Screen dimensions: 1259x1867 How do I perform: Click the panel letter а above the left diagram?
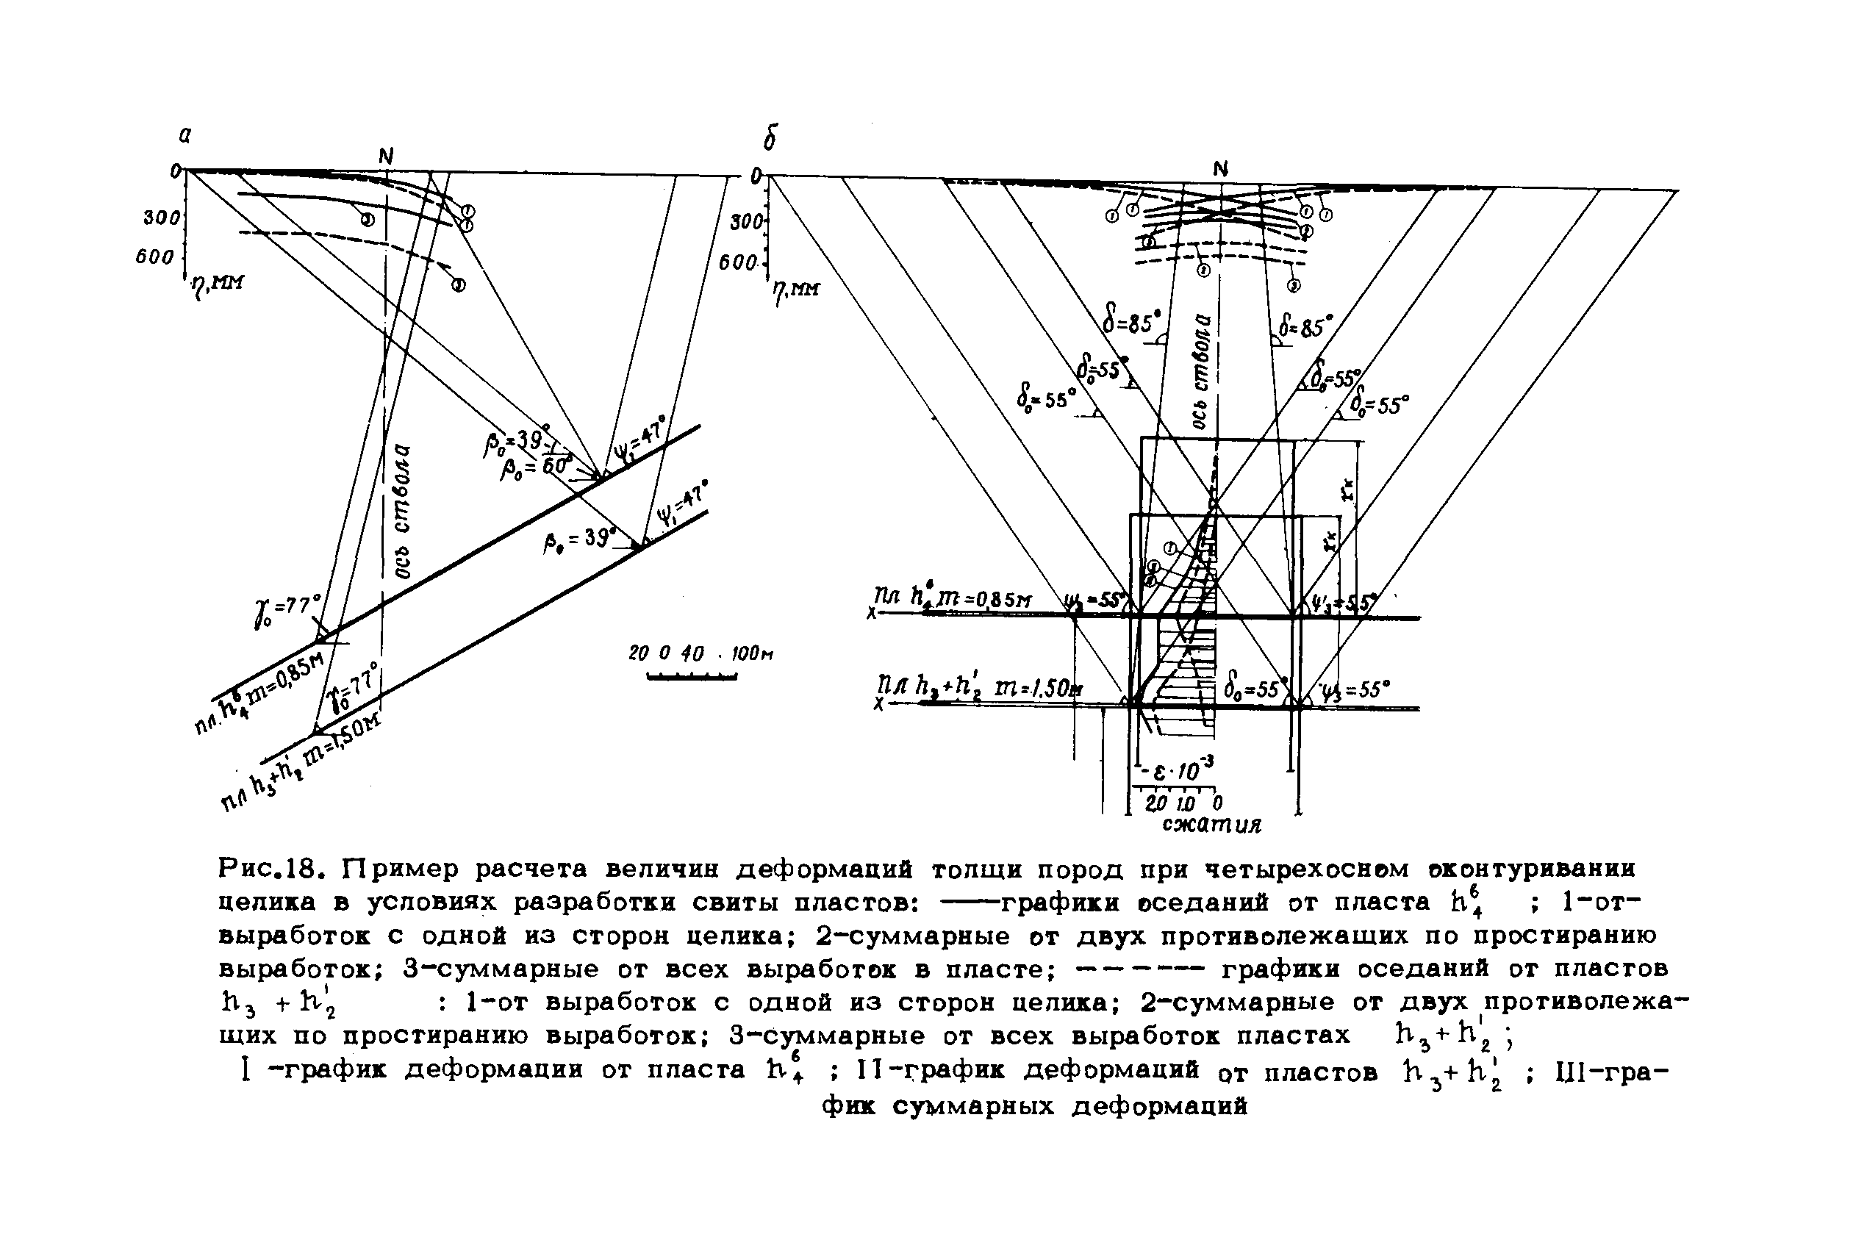tap(185, 136)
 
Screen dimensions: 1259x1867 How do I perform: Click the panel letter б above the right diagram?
tap(770, 140)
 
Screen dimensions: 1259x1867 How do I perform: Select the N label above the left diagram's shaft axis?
tap(386, 157)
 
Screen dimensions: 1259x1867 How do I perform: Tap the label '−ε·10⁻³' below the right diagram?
tap(1178, 772)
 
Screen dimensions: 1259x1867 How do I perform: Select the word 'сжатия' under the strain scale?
tap(1212, 825)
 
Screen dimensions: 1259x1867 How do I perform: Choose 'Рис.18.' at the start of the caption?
tap(270, 869)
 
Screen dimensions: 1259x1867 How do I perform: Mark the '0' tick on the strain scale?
tap(1217, 803)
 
